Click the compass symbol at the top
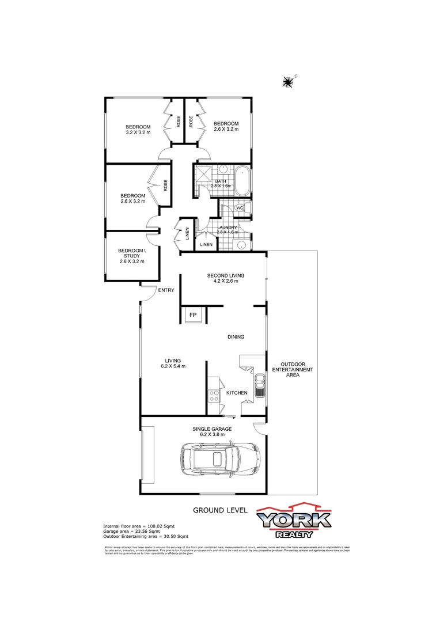[x=288, y=82]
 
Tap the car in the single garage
[x=218, y=459]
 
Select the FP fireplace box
[x=192, y=315]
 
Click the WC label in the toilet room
[x=240, y=208]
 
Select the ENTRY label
[x=166, y=290]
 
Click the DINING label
[x=236, y=337]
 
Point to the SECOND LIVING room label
[x=222, y=276]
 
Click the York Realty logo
[x=294, y=521]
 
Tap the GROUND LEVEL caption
[x=220, y=510]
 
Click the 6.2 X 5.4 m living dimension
[x=173, y=366]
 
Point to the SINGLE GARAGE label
[x=212, y=429]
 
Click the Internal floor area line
[x=139, y=526]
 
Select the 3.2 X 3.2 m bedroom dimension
[x=138, y=133]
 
